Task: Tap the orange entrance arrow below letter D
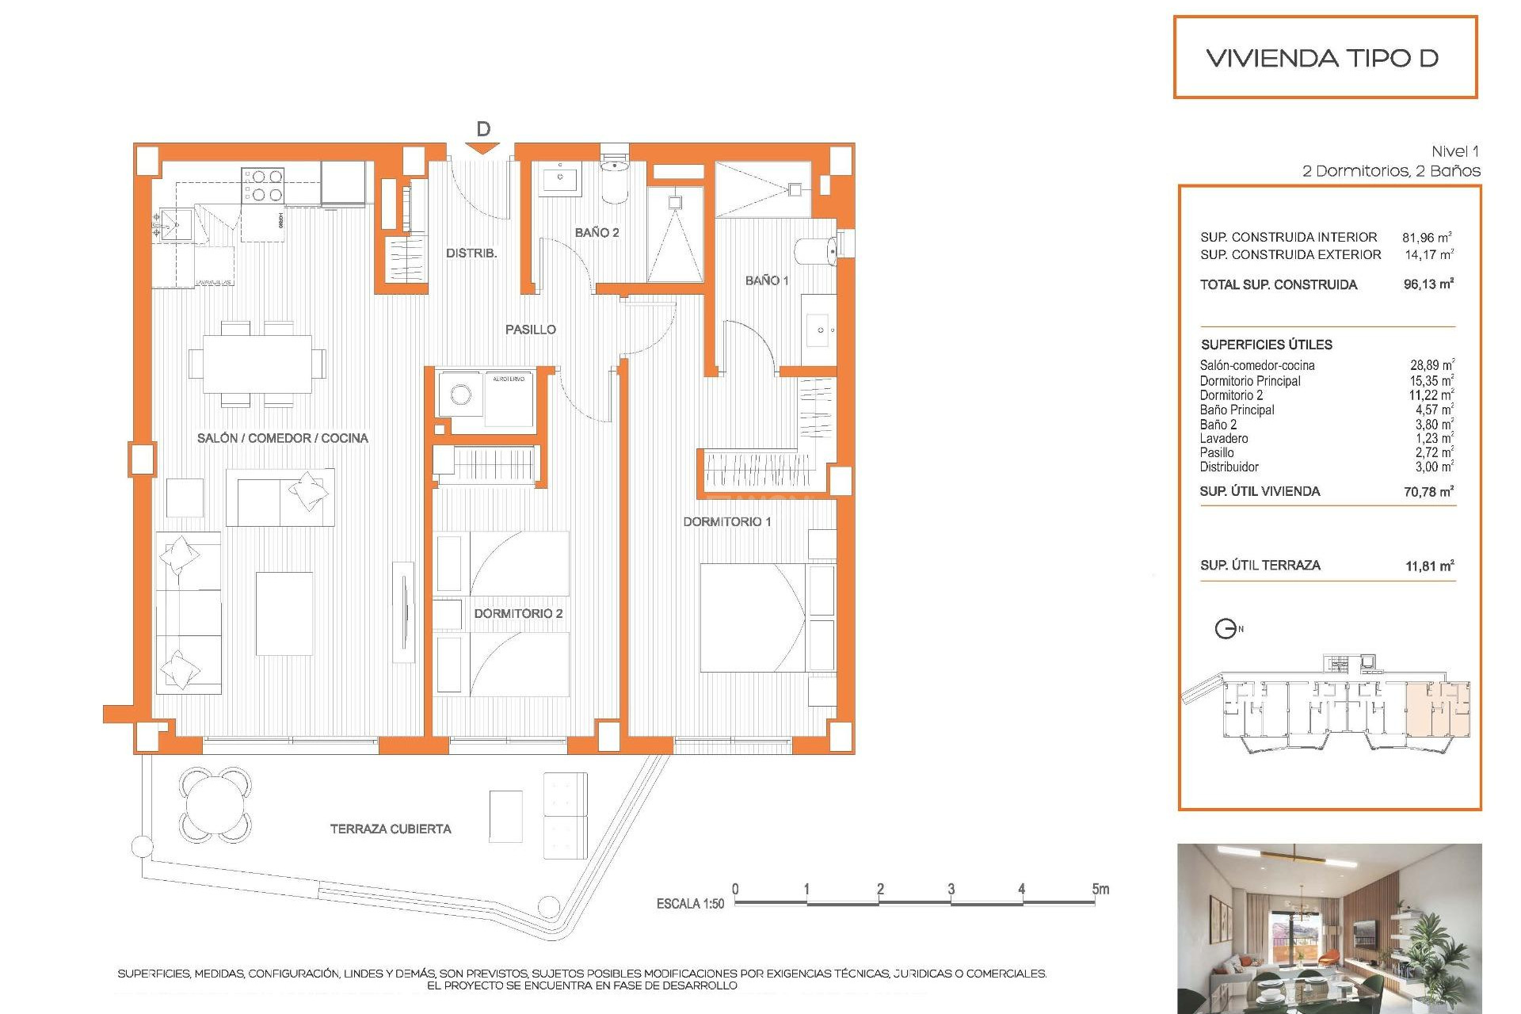click(x=482, y=148)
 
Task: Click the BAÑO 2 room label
click(x=597, y=232)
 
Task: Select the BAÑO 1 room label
click(x=766, y=280)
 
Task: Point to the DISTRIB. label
click(x=471, y=253)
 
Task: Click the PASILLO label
click(x=530, y=330)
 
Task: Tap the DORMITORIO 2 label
click(x=518, y=613)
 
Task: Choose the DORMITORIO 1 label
click(x=726, y=521)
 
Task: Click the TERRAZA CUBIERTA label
click(x=391, y=829)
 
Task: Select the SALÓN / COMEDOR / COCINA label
click(x=282, y=438)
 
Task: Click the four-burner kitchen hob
click(x=263, y=185)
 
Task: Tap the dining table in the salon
click(x=257, y=364)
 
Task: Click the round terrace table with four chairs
click(x=215, y=805)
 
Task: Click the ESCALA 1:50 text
click(x=689, y=904)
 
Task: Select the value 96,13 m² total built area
click(x=1428, y=284)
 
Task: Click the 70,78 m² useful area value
click(x=1428, y=492)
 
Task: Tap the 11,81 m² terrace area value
click(x=1429, y=566)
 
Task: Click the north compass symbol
click(x=1226, y=629)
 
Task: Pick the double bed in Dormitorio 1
click(x=753, y=618)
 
